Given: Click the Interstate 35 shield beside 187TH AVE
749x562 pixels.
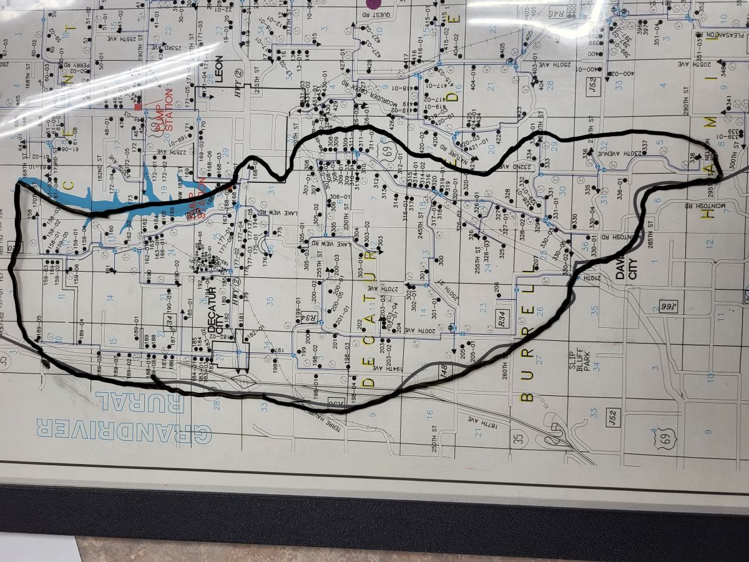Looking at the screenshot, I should [517, 439].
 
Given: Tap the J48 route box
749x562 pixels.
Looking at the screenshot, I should [444, 368].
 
